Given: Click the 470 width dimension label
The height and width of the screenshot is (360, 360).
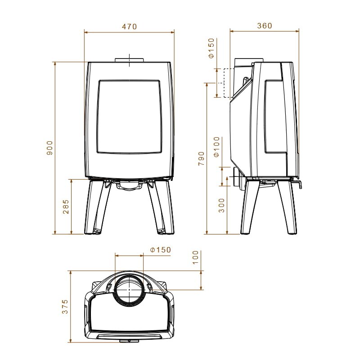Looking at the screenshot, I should coord(129,27).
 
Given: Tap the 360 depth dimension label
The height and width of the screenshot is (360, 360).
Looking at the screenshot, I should coord(265,26).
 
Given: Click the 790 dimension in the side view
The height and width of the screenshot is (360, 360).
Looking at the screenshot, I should coord(201,158).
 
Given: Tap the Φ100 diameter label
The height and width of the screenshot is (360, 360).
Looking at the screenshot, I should coord(216,147).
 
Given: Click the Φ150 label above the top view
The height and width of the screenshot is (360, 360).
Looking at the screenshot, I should coord(161,250).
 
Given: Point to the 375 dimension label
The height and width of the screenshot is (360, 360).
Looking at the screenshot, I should coord(65,307).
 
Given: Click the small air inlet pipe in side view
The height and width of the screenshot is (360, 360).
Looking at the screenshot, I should coord(236,177).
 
